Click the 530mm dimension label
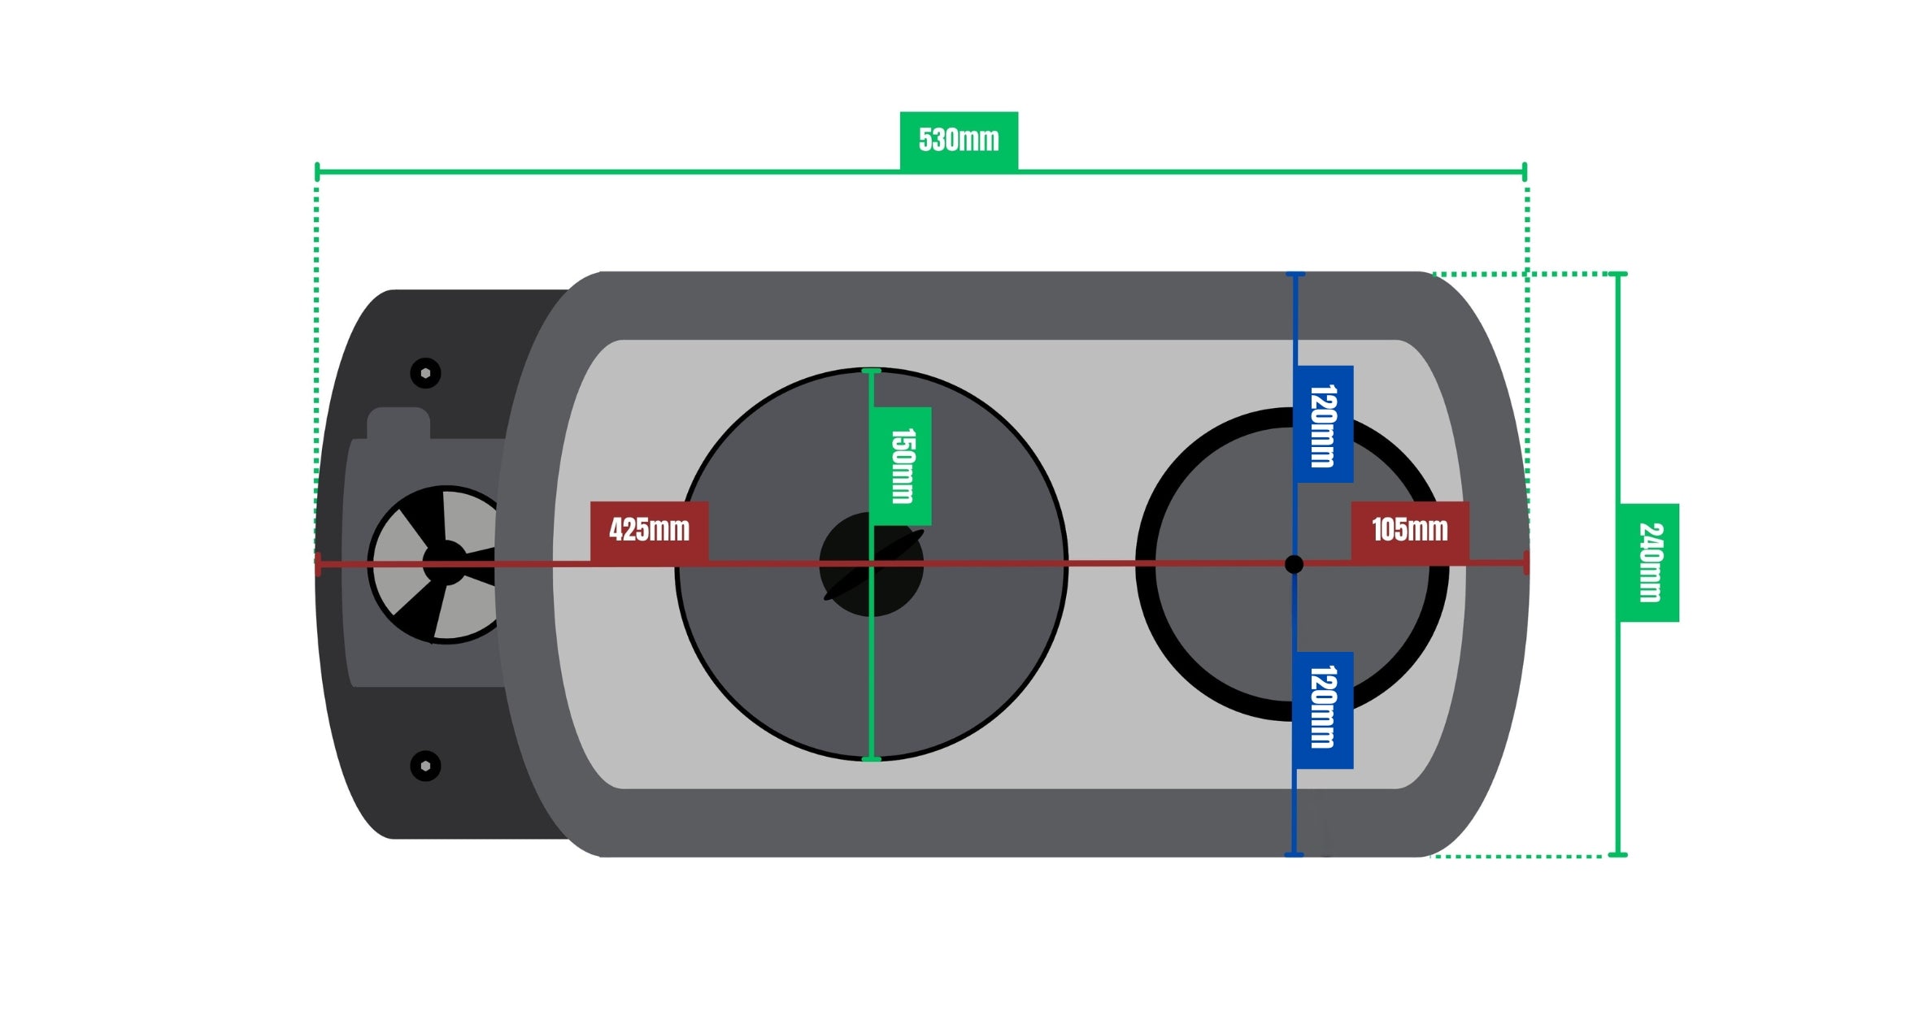coord(959,140)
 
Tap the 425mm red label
coord(649,530)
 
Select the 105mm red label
coord(1410,530)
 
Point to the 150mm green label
coord(901,466)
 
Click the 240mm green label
coord(1650,562)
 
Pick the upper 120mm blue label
coord(1324,424)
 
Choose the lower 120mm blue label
coord(1324,710)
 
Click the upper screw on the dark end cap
coord(425,373)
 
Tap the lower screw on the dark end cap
coord(425,766)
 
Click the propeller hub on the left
coord(445,563)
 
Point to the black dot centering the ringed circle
coord(1294,564)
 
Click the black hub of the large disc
coord(871,564)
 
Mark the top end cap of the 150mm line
coord(871,371)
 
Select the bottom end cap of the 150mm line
coord(871,759)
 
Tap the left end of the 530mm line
coord(317,172)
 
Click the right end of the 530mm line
coord(1525,172)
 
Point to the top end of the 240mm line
coord(1618,274)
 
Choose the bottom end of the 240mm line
coord(1618,855)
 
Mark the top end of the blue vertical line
coord(1295,275)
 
